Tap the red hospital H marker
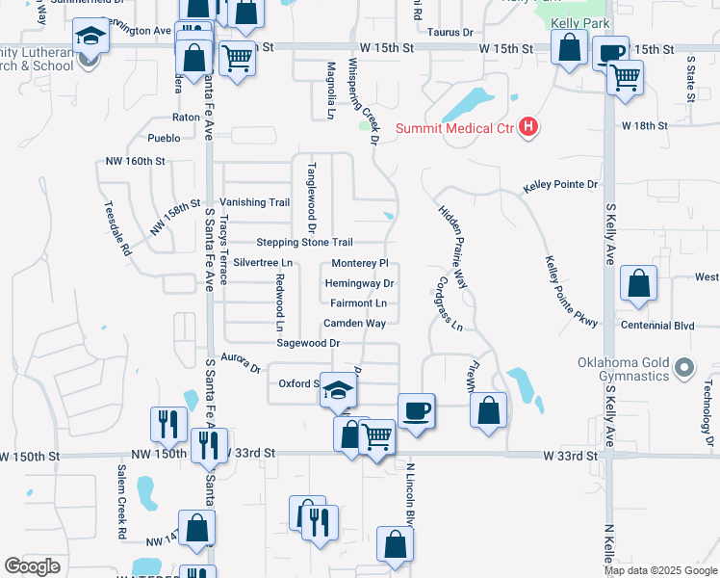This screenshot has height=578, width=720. (x=527, y=126)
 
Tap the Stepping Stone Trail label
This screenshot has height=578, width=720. (x=304, y=242)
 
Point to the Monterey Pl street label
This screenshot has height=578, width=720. (x=359, y=263)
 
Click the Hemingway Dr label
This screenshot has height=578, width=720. (x=359, y=283)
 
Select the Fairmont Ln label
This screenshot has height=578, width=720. (x=358, y=303)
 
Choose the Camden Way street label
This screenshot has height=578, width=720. (x=354, y=324)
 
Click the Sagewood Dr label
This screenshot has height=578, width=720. (x=308, y=343)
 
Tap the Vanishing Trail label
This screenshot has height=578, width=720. (x=254, y=202)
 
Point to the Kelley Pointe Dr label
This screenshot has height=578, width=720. (x=560, y=184)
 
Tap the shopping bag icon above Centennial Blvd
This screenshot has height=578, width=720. (x=638, y=284)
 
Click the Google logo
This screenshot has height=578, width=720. (x=33, y=566)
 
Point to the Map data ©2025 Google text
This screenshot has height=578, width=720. (x=659, y=570)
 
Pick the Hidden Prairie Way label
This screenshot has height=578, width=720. (x=452, y=247)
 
